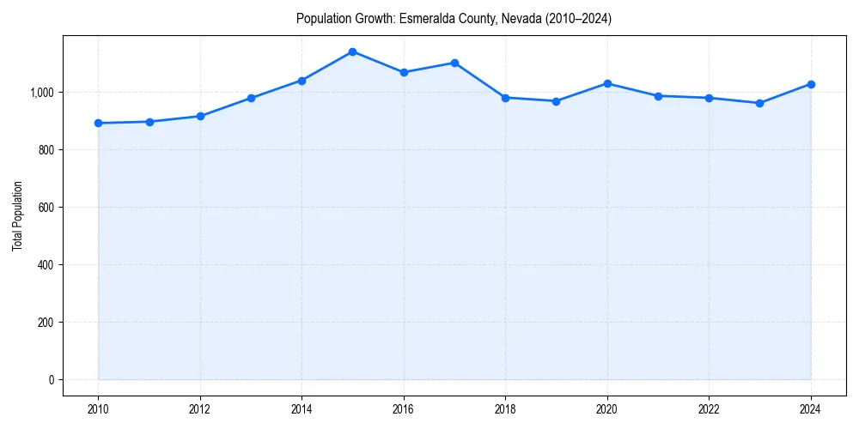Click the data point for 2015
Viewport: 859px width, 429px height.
[352, 51]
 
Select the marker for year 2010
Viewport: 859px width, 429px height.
[98, 123]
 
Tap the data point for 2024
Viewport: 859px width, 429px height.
[810, 84]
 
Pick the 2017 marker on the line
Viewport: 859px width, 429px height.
[454, 63]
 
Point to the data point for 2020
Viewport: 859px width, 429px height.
[607, 83]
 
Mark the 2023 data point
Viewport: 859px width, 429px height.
[759, 103]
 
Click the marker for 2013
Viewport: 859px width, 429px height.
[251, 98]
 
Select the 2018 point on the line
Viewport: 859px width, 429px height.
[505, 97]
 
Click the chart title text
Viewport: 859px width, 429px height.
[454, 18]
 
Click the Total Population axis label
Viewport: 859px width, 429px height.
[17, 215]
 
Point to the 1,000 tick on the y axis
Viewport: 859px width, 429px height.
[40, 93]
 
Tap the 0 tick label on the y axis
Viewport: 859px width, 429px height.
[51, 380]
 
